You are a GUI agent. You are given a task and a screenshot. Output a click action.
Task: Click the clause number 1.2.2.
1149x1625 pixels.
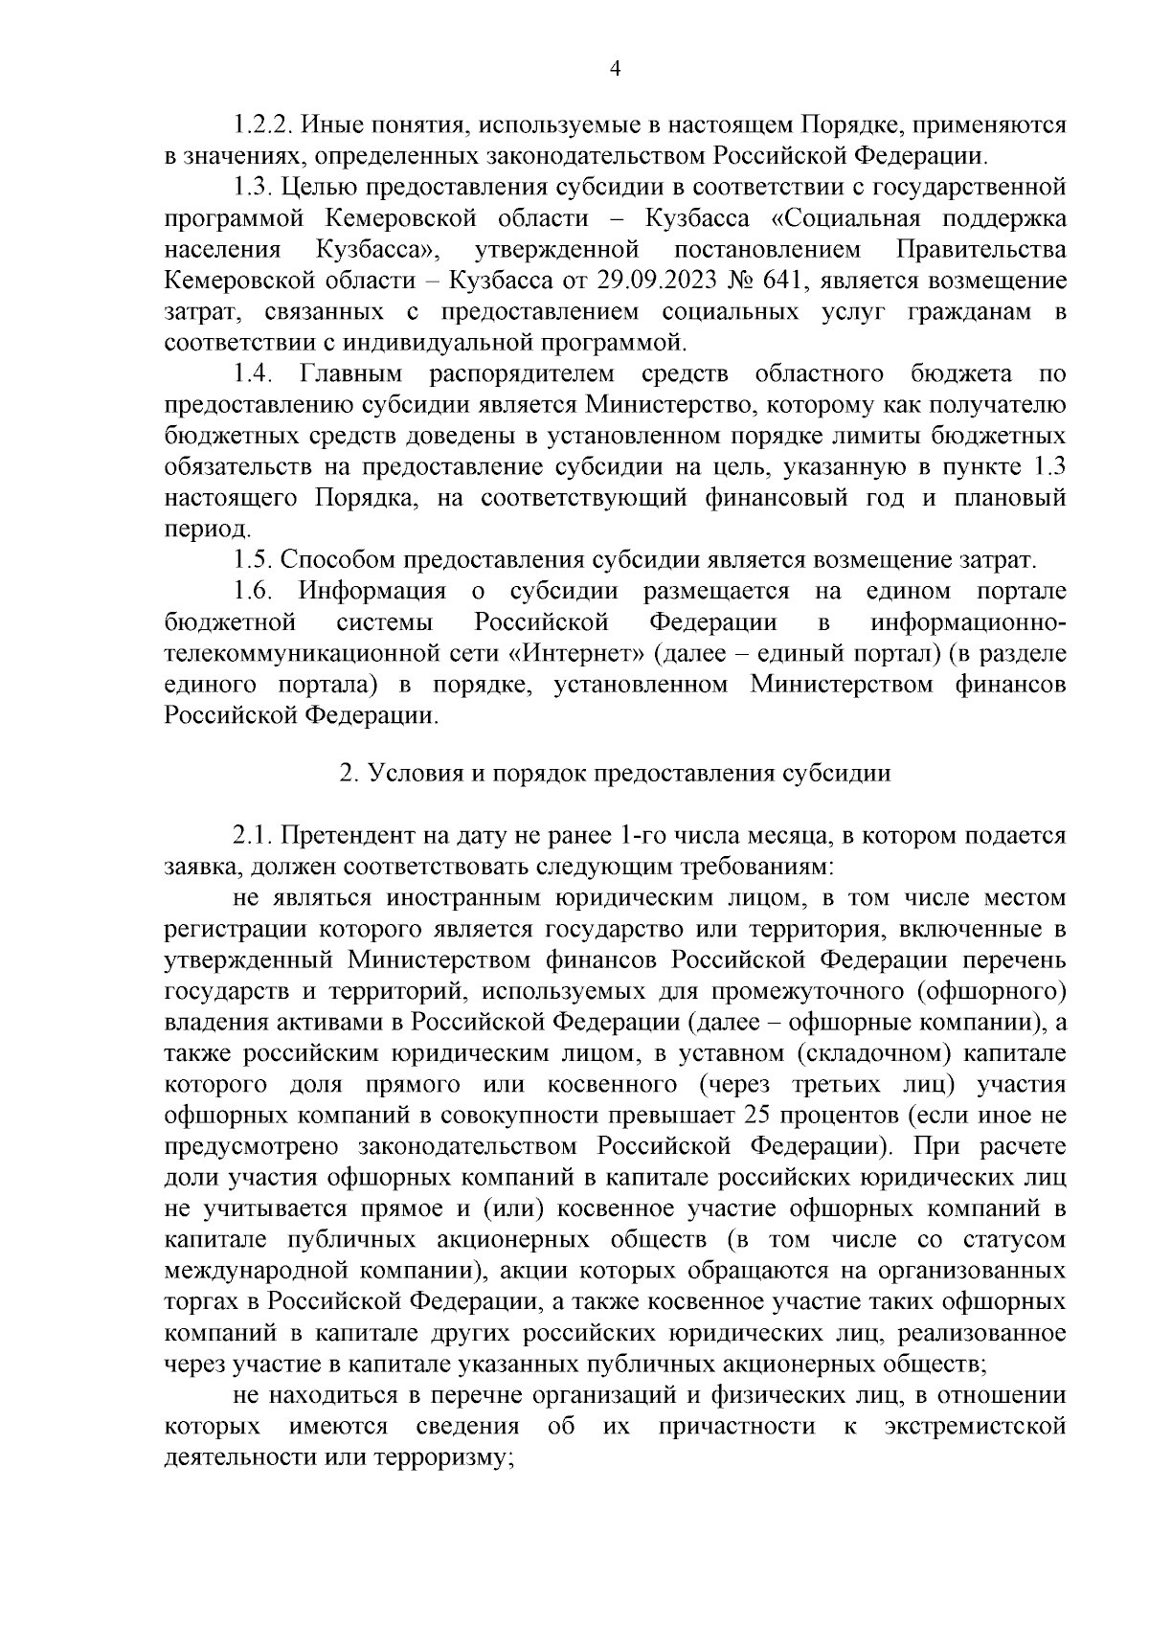coord(263,124)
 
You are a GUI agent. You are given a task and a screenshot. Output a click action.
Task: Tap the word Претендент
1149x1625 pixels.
coord(350,836)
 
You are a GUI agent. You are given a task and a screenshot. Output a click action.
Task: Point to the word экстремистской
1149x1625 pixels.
coord(976,1427)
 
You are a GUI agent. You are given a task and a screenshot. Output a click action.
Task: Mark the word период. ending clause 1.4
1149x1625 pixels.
coord(195,530)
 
